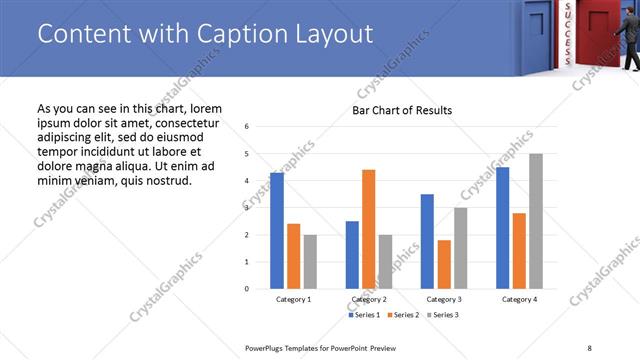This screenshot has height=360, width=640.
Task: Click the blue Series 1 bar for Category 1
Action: tap(277, 231)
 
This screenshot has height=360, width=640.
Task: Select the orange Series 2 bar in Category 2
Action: tap(368, 229)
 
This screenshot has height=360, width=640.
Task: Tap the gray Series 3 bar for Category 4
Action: tap(536, 221)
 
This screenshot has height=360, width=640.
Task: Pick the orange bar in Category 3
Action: tap(444, 264)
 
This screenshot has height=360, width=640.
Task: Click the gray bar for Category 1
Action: tap(310, 262)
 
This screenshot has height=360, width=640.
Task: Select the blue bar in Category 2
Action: tap(352, 255)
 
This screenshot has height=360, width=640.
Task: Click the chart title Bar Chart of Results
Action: tap(402, 110)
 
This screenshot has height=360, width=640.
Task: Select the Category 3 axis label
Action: tap(444, 299)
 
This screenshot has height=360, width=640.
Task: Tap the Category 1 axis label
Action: tap(293, 299)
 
